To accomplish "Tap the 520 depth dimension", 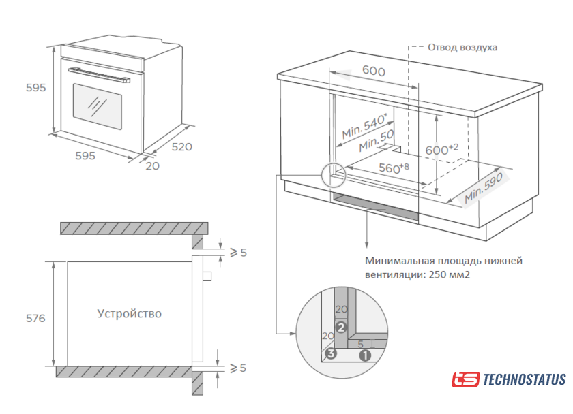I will pos(181,146).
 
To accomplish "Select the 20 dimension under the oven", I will pos(153,165).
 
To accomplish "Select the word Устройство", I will pos(130,314).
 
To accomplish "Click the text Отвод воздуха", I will pos(462,48).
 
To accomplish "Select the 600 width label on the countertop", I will pos(373,71).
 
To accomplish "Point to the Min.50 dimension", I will pos(377,142).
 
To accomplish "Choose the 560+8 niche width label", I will pos(394,168).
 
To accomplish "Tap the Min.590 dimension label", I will pos(484,189).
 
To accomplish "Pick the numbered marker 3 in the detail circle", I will pos(331,353).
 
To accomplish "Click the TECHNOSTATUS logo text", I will pos(524,380).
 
